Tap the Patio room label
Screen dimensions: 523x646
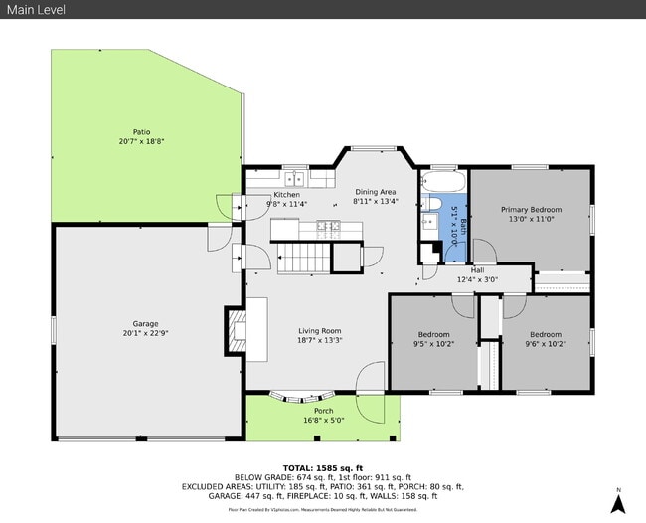142,131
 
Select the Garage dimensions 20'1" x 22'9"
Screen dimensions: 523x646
146,334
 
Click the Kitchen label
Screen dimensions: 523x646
287,195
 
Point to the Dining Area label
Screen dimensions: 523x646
376,192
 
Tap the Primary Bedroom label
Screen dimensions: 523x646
531,210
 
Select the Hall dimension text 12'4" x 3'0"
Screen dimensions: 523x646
477,280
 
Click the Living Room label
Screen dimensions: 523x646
320,331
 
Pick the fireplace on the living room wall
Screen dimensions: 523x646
237,331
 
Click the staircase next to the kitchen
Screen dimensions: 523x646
299,260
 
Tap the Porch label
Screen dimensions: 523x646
324,411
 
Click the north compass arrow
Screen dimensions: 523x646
617,501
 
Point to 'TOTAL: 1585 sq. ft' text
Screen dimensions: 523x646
323,466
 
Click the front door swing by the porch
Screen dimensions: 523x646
370,377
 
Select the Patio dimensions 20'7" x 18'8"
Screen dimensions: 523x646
142,141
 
